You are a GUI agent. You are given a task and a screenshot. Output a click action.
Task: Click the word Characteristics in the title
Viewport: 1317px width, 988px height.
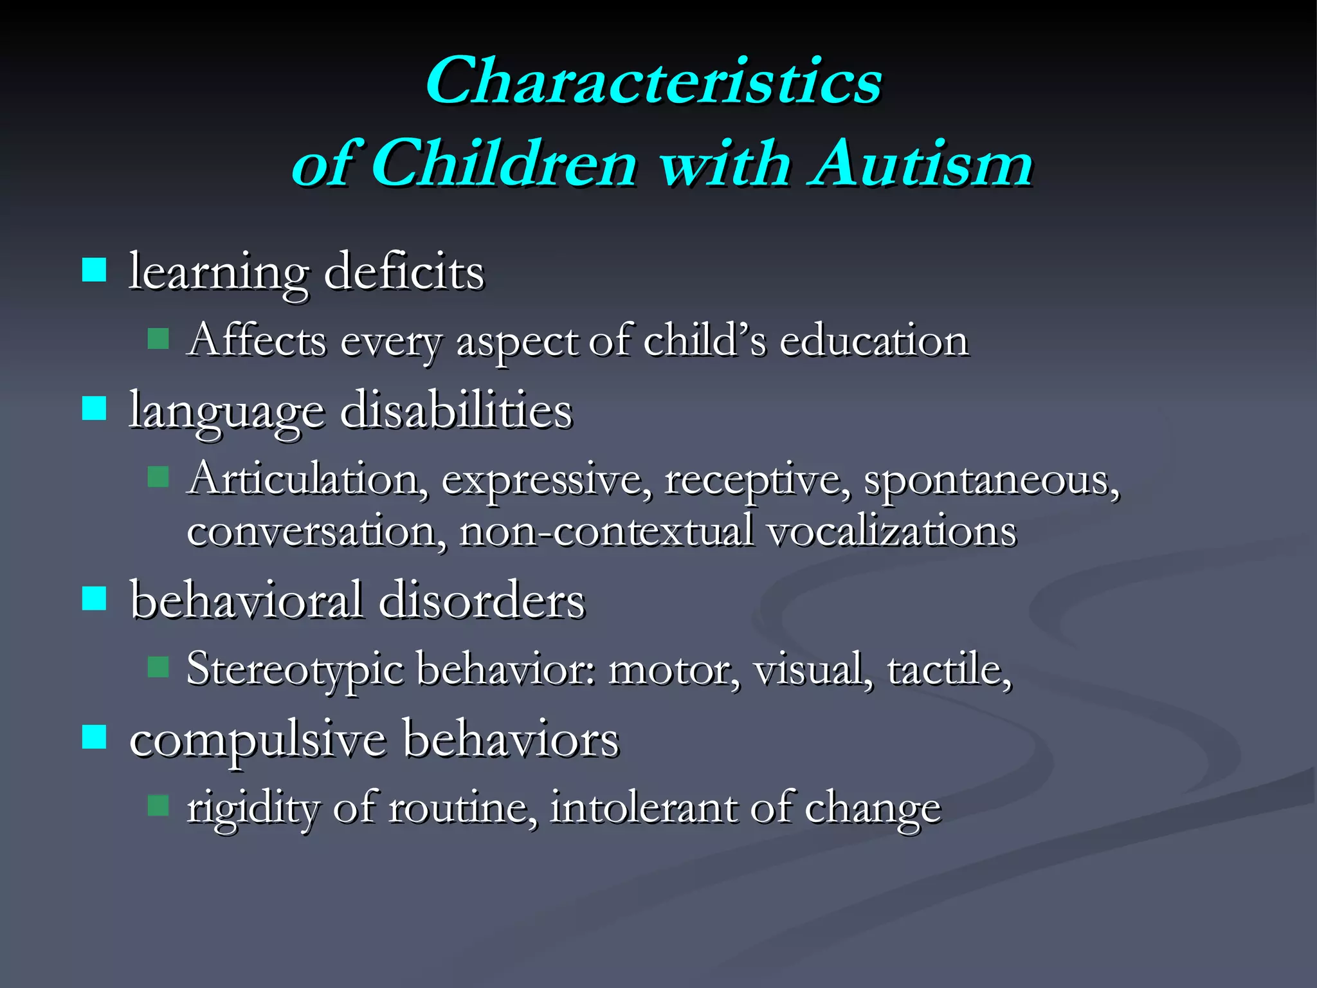point(653,82)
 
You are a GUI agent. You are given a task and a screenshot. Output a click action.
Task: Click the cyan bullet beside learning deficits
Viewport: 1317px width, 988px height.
point(95,270)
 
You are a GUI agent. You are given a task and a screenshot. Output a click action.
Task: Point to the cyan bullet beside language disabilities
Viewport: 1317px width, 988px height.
point(95,408)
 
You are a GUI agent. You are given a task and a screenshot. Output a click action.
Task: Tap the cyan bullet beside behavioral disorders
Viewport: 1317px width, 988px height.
point(95,598)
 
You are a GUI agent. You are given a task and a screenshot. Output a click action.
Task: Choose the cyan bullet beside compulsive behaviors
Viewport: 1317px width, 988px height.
point(95,736)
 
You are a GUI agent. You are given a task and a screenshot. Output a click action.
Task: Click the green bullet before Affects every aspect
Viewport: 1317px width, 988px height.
point(158,338)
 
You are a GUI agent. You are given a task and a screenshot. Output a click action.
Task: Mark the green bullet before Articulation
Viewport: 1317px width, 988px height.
point(158,477)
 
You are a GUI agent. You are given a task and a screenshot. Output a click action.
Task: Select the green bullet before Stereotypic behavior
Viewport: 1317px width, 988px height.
point(158,667)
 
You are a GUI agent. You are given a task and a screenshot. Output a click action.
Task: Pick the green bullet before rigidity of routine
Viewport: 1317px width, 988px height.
point(158,805)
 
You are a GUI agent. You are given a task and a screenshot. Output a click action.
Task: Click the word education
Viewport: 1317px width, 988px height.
point(873,341)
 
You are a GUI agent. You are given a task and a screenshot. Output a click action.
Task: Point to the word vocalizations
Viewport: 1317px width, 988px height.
point(891,532)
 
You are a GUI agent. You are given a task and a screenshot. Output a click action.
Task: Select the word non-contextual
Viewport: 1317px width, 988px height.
point(606,532)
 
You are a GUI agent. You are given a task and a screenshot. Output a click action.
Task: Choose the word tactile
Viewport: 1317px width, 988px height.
point(949,669)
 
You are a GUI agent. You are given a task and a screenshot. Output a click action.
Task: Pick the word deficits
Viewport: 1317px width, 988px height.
point(404,273)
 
